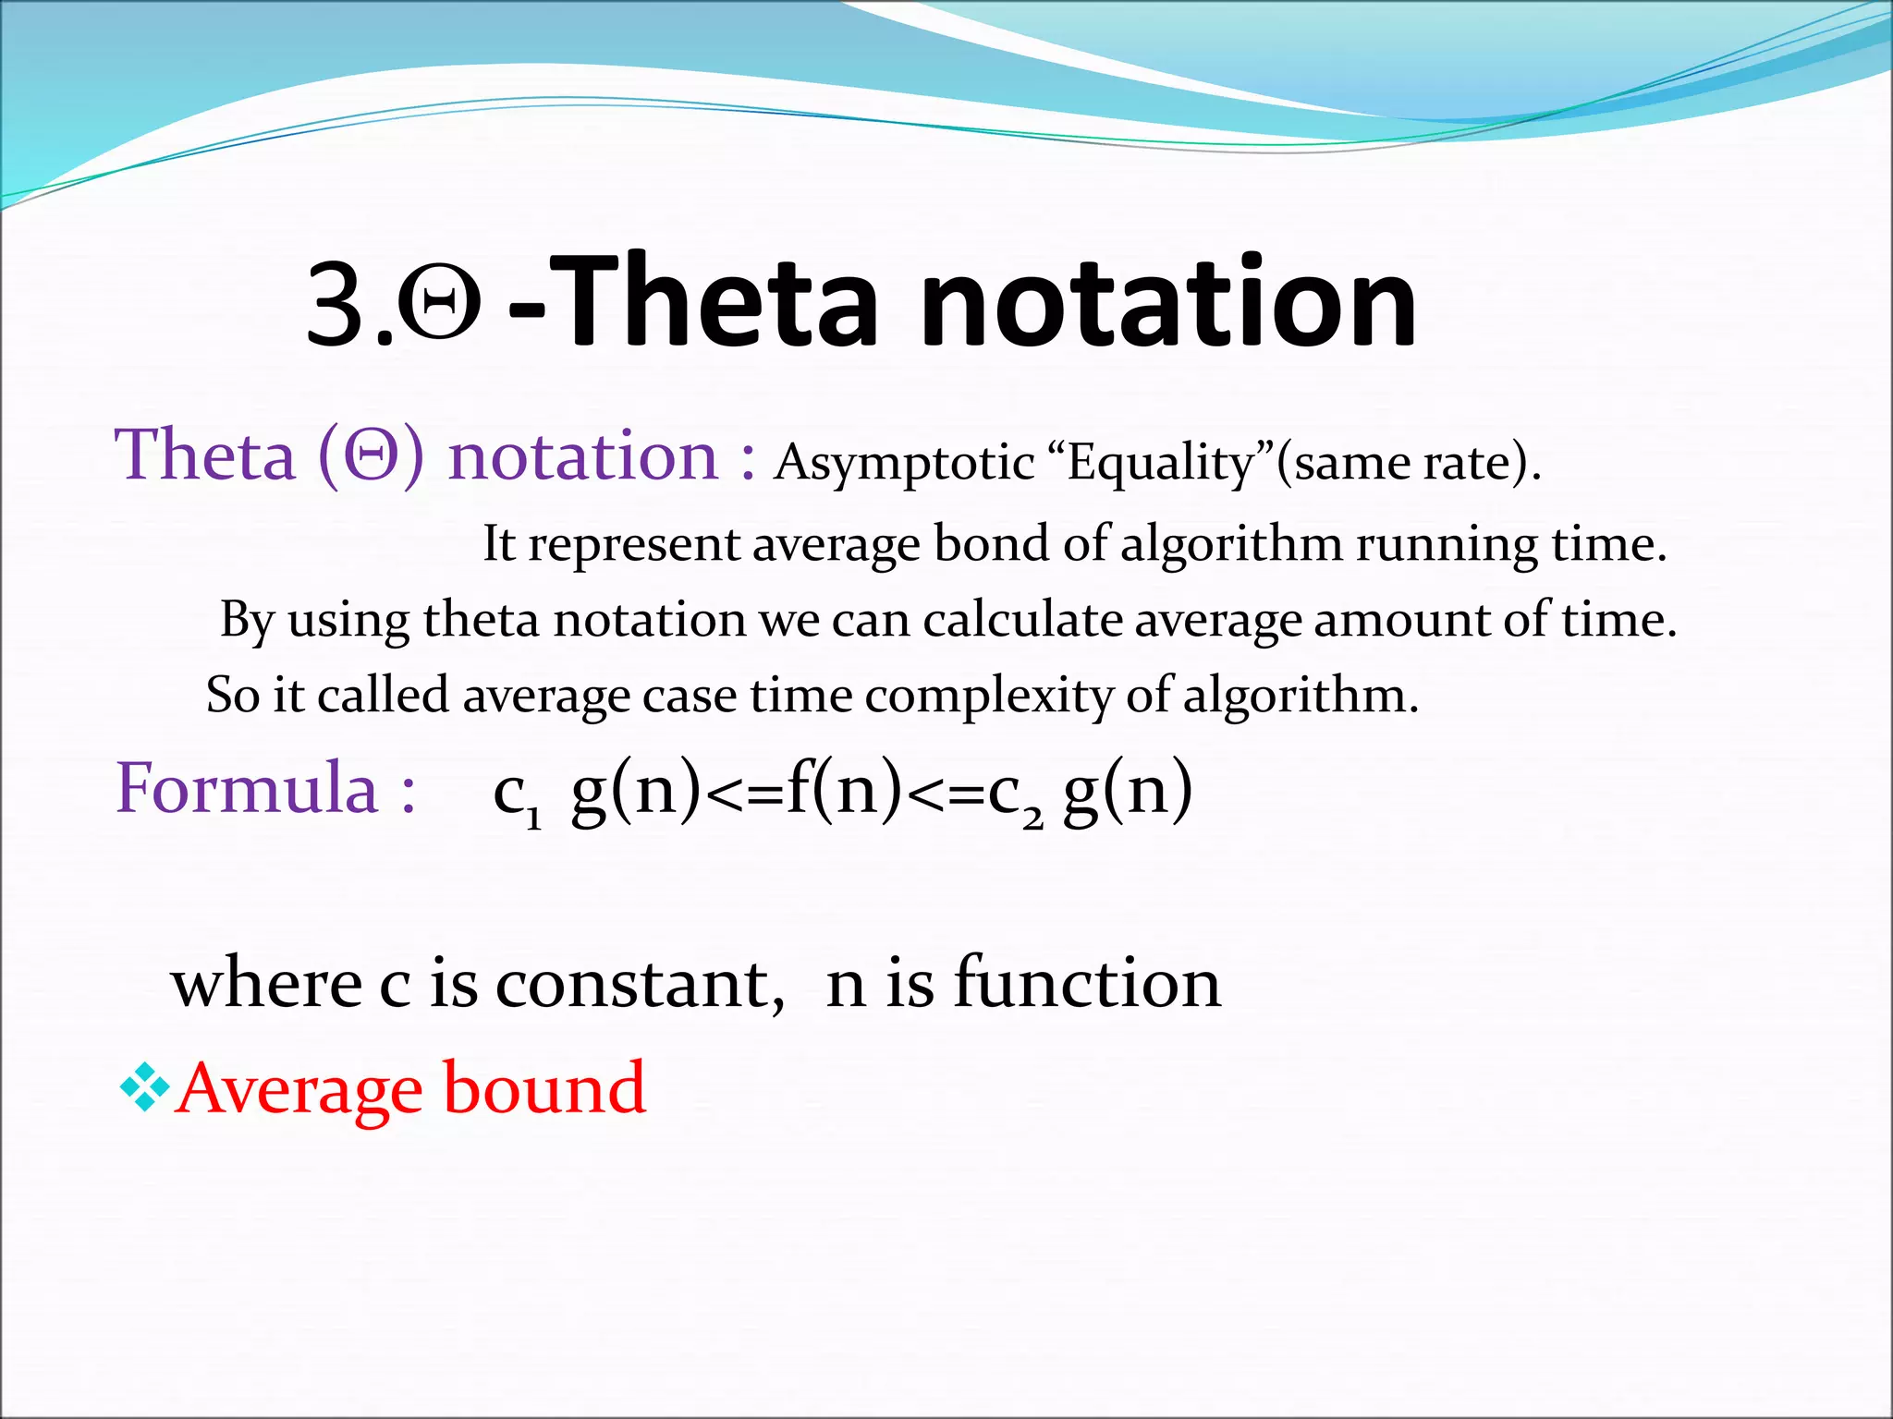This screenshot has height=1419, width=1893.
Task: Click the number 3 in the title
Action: pyautogui.click(x=337, y=305)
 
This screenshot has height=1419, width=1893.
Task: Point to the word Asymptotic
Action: pyautogui.click(x=903, y=463)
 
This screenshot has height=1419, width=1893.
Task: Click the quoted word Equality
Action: pyautogui.click(x=1169, y=463)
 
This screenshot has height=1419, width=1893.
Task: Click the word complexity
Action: pyautogui.click(x=988, y=695)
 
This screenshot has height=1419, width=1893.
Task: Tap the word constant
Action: pyautogui.click(x=639, y=984)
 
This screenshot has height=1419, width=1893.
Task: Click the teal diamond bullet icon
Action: pyautogui.click(x=145, y=1086)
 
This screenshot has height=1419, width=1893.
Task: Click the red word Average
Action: pyautogui.click(x=299, y=1090)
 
